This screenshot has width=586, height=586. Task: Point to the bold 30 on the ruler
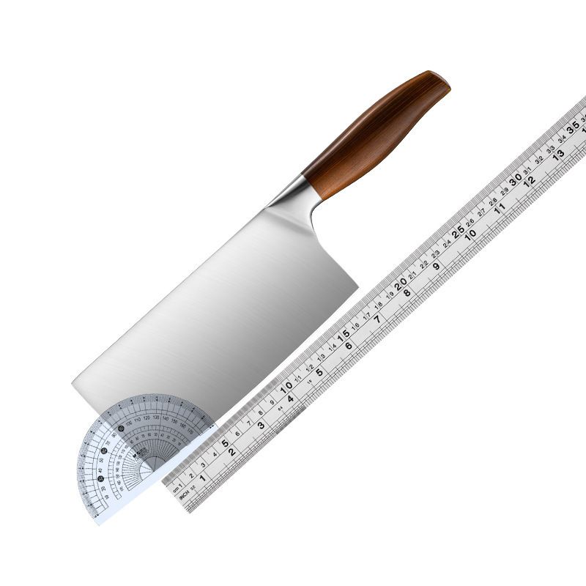[515, 179]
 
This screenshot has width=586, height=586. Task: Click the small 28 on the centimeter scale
[493, 201]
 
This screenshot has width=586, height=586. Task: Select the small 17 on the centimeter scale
[366, 315]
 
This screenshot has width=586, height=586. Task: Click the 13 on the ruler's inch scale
[558, 155]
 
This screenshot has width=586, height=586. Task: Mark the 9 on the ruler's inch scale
[437, 266]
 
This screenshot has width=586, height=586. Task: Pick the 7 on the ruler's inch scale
[377, 319]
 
